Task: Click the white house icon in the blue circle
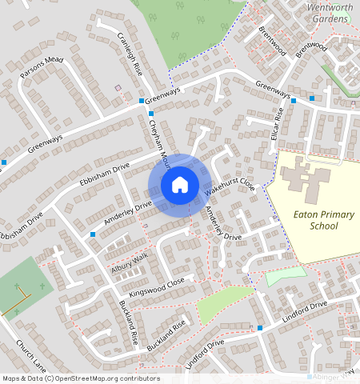tap(180, 185)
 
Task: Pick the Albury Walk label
tap(130, 263)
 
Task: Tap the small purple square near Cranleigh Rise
tap(118, 87)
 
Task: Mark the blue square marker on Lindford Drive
tap(260, 328)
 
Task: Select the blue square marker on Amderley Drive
tap(93, 234)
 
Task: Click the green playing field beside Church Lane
tap(24, 284)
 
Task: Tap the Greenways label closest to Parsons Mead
tap(45, 145)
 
